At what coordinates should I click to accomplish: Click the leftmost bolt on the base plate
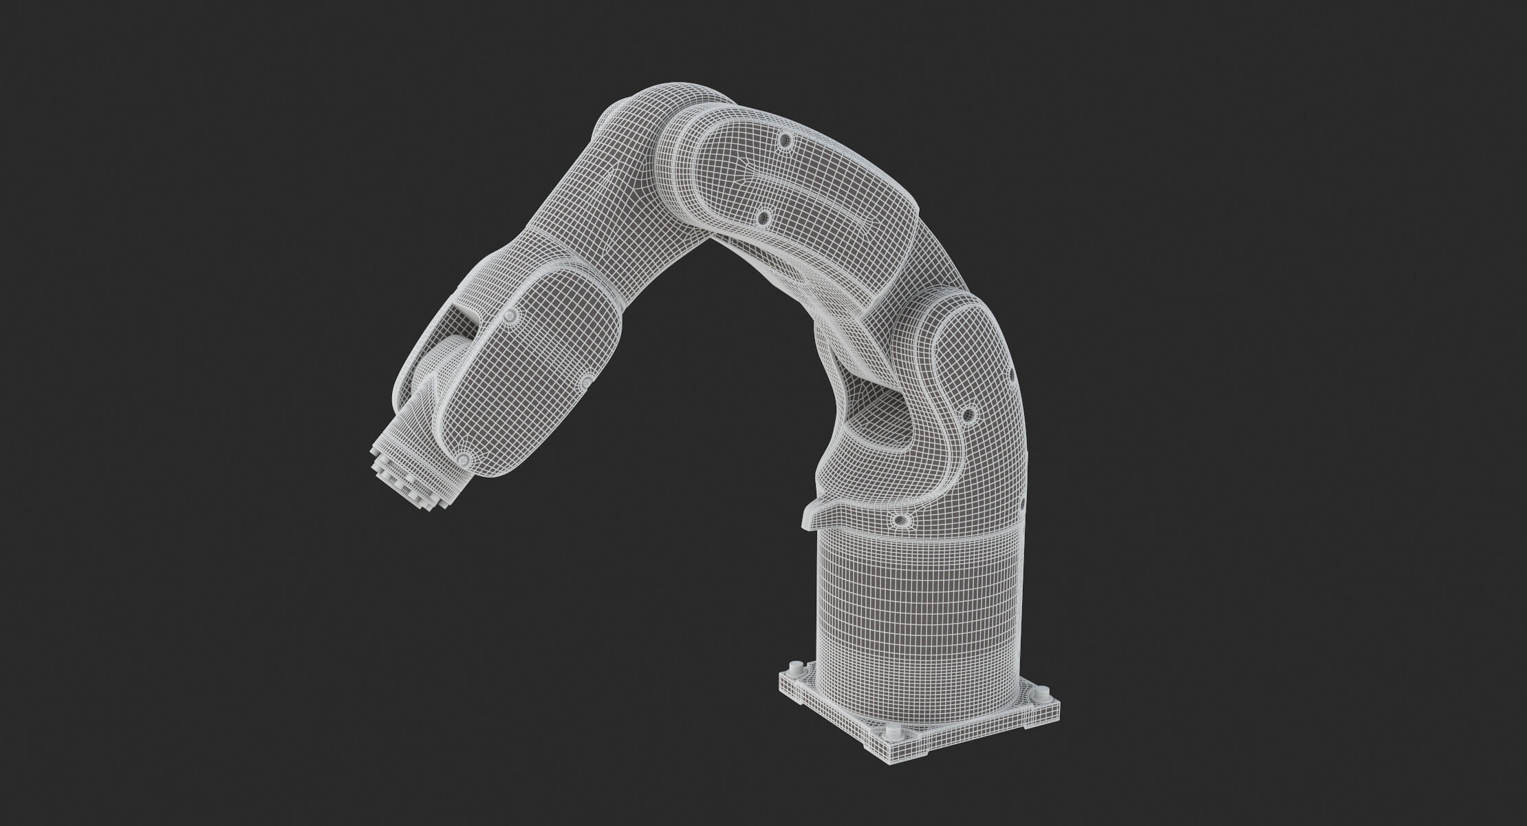click(796, 668)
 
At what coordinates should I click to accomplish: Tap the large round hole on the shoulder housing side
click(969, 414)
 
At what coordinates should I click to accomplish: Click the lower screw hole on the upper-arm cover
click(762, 218)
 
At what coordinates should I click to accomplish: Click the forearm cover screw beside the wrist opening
click(510, 315)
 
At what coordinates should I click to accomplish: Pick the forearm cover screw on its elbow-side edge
click(587, 380)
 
